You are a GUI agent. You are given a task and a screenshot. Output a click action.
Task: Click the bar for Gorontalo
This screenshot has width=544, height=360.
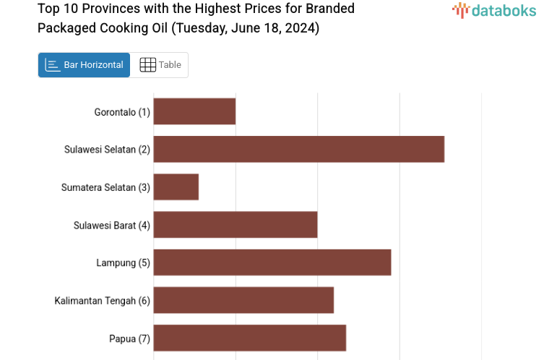click(x=194, y=111)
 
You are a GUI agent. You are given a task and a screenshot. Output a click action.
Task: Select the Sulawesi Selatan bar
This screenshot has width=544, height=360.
click(x=298, y=149)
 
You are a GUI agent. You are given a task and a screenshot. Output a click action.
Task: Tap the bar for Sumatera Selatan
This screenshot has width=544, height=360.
click(x=176, y=187)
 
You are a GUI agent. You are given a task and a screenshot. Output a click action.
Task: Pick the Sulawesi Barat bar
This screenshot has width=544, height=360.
click(x=236, y=225)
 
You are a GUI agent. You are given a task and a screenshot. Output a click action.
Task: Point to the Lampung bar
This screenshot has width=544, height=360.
click(x=272, y=262)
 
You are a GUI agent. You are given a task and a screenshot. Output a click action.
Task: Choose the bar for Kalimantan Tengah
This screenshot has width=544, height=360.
click(x=243, y=300)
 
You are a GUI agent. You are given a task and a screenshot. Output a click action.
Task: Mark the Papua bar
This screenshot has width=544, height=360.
click(x=249, y=338)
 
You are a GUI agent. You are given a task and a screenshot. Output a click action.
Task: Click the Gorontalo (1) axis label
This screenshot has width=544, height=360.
click(x=122, y=112)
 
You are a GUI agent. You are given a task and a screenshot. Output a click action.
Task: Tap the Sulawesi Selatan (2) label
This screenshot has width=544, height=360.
click(x=107, y=150)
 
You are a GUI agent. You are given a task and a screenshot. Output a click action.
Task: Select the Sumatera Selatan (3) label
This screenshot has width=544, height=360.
click(x=105, y=187)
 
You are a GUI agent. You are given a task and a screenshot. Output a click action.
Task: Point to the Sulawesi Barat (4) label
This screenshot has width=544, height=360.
click(x=112, y=225)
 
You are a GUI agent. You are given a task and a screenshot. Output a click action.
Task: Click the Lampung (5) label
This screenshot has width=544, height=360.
click(x=123, y=262)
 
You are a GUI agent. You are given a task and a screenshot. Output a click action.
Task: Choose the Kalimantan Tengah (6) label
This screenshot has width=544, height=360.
click(x=102, y=301)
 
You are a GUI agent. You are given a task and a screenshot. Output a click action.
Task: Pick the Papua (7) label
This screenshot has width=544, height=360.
click(x=129, y=338)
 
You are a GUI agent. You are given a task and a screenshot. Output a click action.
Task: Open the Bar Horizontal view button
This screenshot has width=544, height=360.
click(x=84, y=65)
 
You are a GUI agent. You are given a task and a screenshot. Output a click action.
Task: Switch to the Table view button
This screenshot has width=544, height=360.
click(x=170, y=65)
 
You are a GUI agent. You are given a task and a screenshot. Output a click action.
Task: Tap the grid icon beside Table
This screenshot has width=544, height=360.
click(x=147, y=65)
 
